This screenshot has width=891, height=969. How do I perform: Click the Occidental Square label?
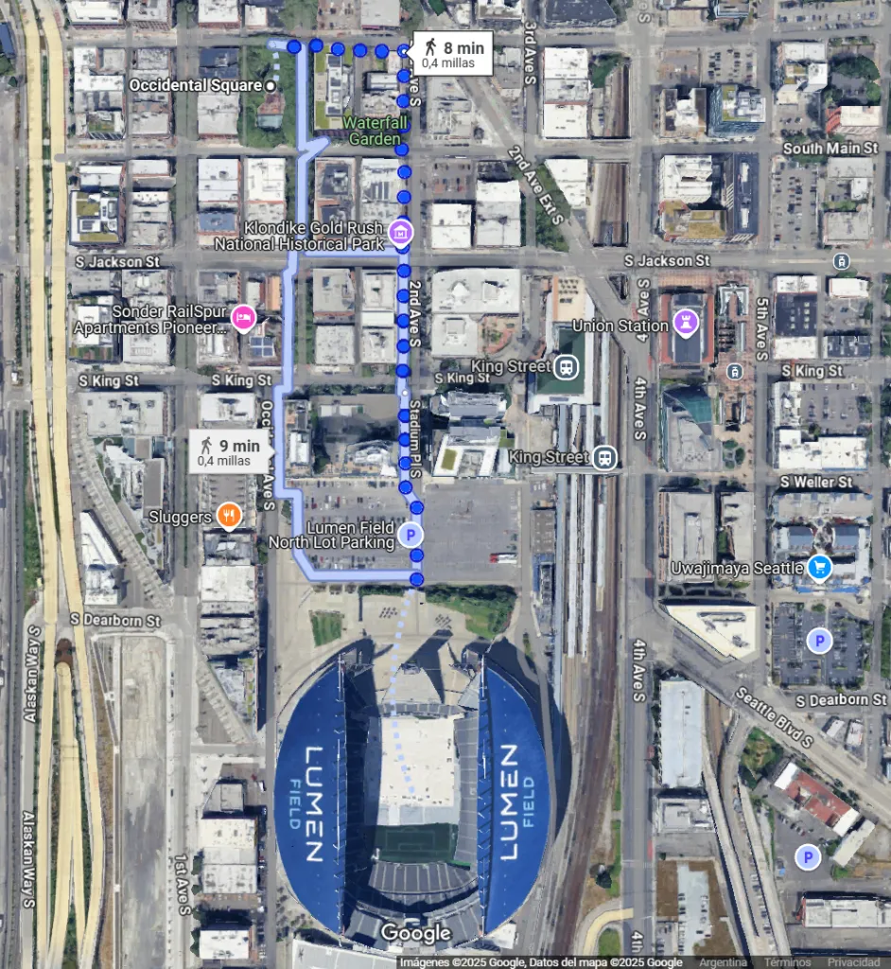pos(195,85)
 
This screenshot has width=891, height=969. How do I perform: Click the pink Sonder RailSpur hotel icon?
pos(242,318)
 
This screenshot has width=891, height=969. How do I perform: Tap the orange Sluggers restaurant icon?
pos(228,517)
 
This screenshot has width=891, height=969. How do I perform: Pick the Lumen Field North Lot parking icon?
pos(410,536)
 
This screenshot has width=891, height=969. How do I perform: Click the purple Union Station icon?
pos(685,326)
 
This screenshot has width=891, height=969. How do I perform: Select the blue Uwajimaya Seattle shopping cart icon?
pos(819,568)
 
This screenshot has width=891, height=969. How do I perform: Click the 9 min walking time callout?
pos(231,451)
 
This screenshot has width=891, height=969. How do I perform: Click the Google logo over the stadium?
pos(415,934)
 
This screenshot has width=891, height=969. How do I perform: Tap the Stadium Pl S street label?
pos(416,437)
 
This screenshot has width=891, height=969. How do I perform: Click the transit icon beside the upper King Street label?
pos(567,366)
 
